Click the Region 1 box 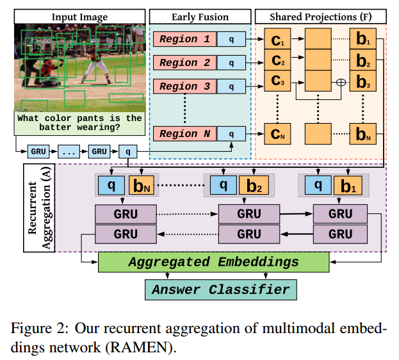coord(184,40)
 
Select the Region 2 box coord(184,63)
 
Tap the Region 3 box coord(184,86)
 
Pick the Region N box coord(184,134)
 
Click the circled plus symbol coord(341,81)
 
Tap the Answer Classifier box coord(220,290)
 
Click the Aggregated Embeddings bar coord(213,262)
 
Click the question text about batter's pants coord(79,123)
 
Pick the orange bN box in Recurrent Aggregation coord(141,186)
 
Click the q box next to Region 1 coord(232,40)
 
